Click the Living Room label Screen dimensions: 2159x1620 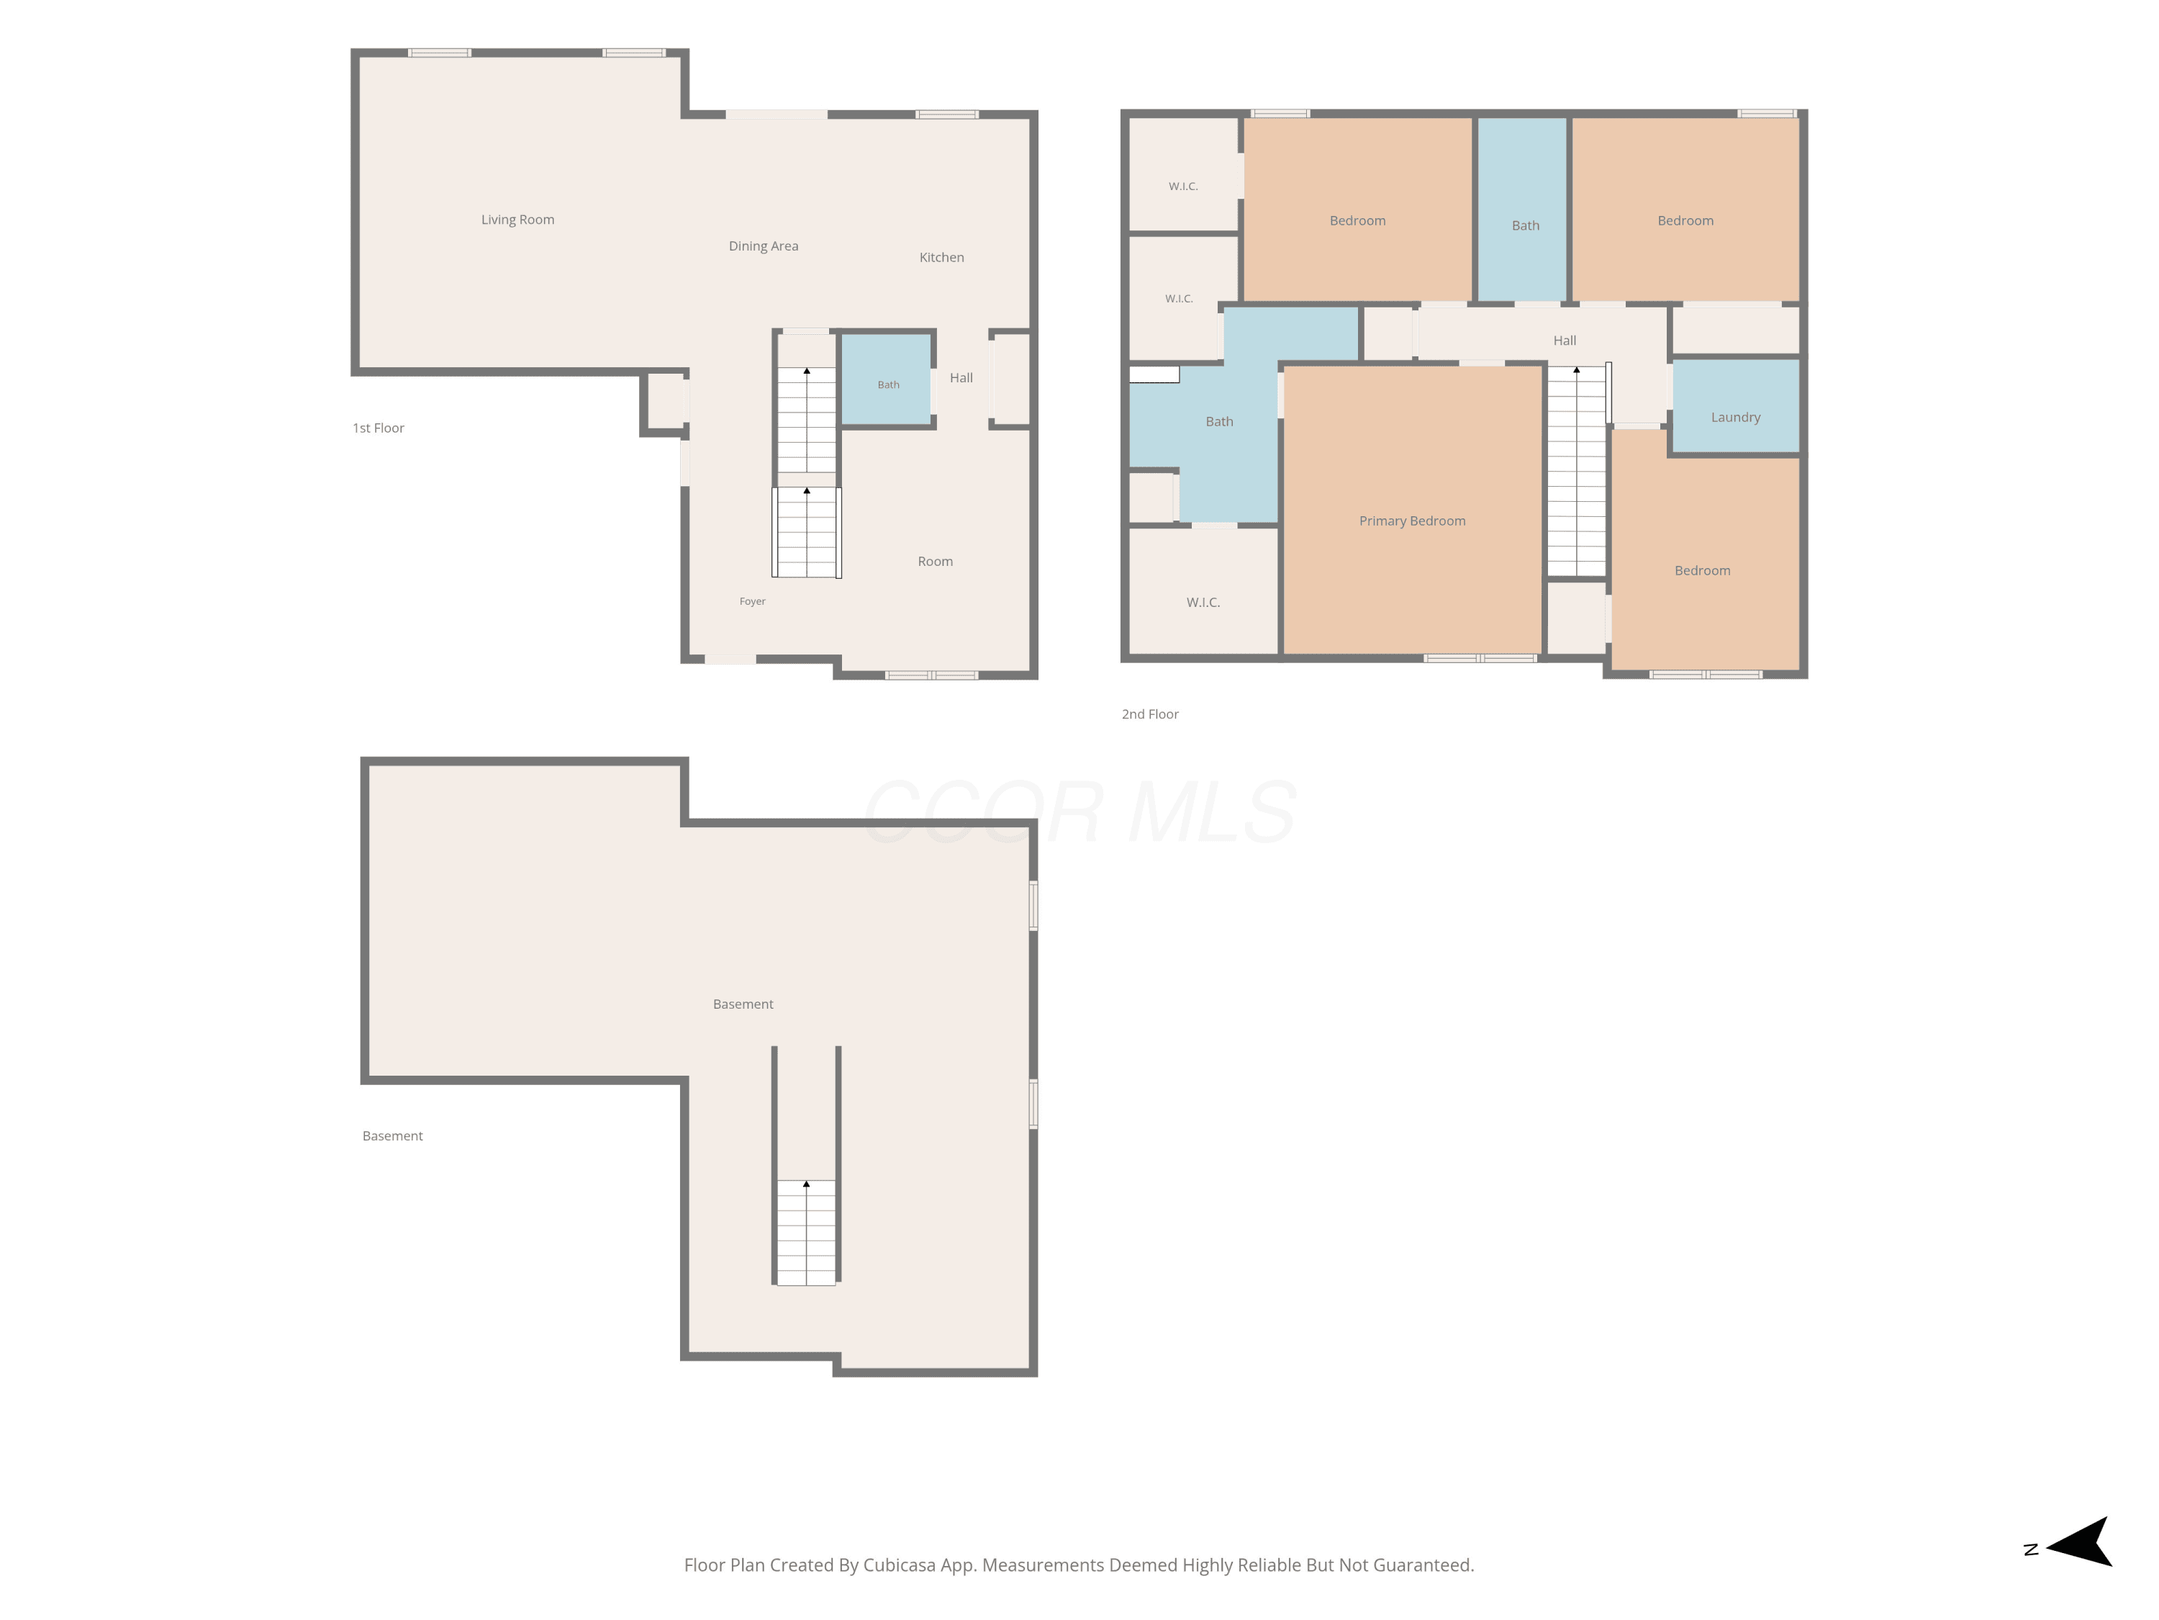[x=517, y=220]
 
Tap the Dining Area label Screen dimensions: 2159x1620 [x=764, y=246]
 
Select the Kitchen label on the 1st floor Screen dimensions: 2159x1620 [x=942, y=258]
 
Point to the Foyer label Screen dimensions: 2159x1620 [x=753, y=601]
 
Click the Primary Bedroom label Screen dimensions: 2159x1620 [x=1412, y=521]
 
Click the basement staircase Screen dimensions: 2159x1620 [x=806, y=1233]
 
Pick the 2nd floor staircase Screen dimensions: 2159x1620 [x=1576, y=471]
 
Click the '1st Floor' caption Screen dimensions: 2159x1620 [x=378, y=428]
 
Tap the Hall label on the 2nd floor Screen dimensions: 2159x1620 [x=1565, y=341]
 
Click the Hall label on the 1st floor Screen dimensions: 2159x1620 [x=961, y=378]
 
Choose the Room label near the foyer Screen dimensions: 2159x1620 [x=935, y=562]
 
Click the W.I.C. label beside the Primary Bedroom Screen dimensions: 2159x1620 [x=1203, y=603]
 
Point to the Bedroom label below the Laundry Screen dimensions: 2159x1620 [x=1702, y=571]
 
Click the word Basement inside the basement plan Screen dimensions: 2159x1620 [x=743, y=1004]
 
